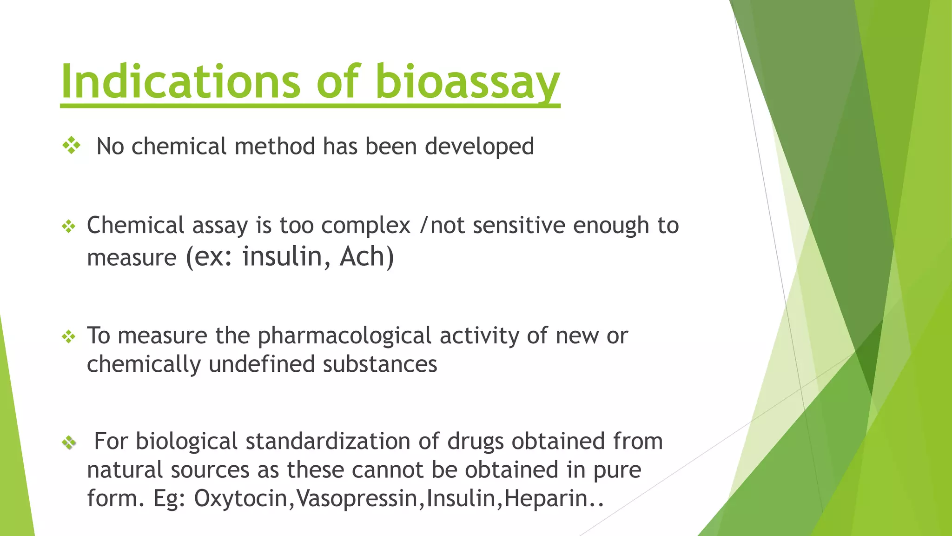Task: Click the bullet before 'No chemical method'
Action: pos(72,146)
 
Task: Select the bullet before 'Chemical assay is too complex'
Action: pos(69,227)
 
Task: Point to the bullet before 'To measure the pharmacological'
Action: pos(69,337)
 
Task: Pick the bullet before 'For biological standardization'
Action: pos(69,442)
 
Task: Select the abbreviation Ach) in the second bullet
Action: pos(367,257)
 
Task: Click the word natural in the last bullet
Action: pos(125,470)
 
